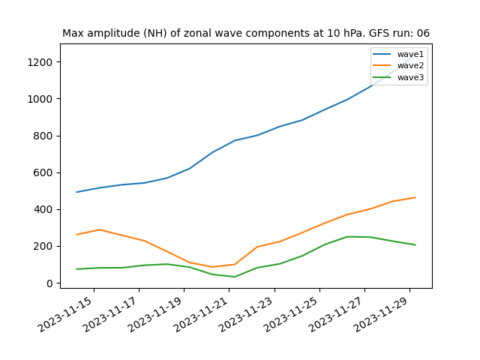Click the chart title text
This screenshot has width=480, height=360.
(x=246, y=33)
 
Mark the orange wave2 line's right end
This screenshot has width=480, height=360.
(x=415, y=197)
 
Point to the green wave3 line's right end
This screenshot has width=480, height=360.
(x=415, y=244)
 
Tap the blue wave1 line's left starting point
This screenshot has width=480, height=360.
(x=76, y=192)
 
